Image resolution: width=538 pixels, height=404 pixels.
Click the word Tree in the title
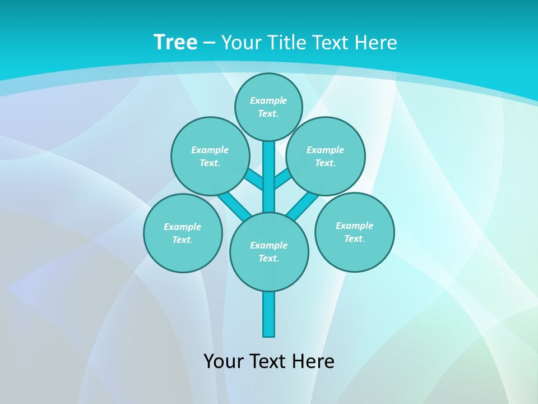(175, 42)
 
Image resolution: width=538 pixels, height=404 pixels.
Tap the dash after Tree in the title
(210, 43)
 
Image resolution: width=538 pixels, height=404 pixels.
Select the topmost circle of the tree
(268, 107)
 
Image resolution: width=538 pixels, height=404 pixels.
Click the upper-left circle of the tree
(210, 156)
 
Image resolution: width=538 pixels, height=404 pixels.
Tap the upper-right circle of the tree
(326, 156)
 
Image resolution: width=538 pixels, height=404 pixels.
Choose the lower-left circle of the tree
(183, 233)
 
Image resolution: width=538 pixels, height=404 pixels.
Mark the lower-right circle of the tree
(354, 232)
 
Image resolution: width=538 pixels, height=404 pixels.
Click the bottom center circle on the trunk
(269, 251)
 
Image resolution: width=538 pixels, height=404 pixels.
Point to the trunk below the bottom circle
(269, 314)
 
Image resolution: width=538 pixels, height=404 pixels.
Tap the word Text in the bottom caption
(268, 361)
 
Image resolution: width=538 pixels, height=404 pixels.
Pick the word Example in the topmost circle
(268, 100)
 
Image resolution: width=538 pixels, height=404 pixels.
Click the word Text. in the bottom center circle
(268, 258)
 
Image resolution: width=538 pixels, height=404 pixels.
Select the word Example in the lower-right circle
(354, 226)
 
